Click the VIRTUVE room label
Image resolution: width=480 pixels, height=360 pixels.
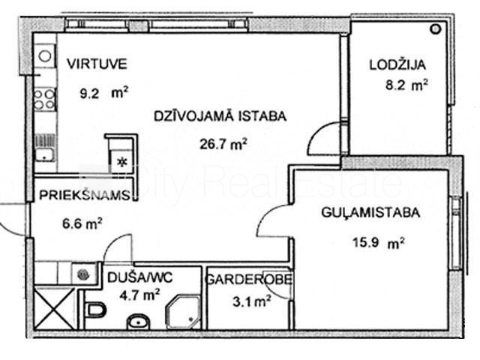97,64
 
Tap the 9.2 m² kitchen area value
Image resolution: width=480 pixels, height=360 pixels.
103,93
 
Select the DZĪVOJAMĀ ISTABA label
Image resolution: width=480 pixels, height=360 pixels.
220,116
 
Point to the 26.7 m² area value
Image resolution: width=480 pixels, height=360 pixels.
223,144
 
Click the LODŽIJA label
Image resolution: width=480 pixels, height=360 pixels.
397,65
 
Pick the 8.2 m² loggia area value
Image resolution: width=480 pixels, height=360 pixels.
406,85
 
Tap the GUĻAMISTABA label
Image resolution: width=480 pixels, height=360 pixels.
370,213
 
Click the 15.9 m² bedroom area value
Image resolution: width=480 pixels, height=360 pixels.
379,243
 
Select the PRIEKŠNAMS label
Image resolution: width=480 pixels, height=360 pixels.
85,195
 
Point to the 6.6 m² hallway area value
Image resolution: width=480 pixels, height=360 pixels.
82,223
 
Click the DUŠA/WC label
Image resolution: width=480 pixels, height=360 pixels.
140,277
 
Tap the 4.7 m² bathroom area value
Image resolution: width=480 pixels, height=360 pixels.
139,295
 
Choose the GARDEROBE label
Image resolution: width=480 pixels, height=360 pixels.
248,280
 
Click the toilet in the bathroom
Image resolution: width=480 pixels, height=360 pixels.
96,309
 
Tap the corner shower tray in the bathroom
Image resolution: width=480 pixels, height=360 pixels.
183,312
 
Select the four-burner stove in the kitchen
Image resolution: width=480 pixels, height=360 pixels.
45,99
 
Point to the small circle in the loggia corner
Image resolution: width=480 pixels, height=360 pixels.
435,29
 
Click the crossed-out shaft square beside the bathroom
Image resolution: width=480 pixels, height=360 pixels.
54,308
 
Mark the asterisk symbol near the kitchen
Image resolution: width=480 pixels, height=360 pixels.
123,162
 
